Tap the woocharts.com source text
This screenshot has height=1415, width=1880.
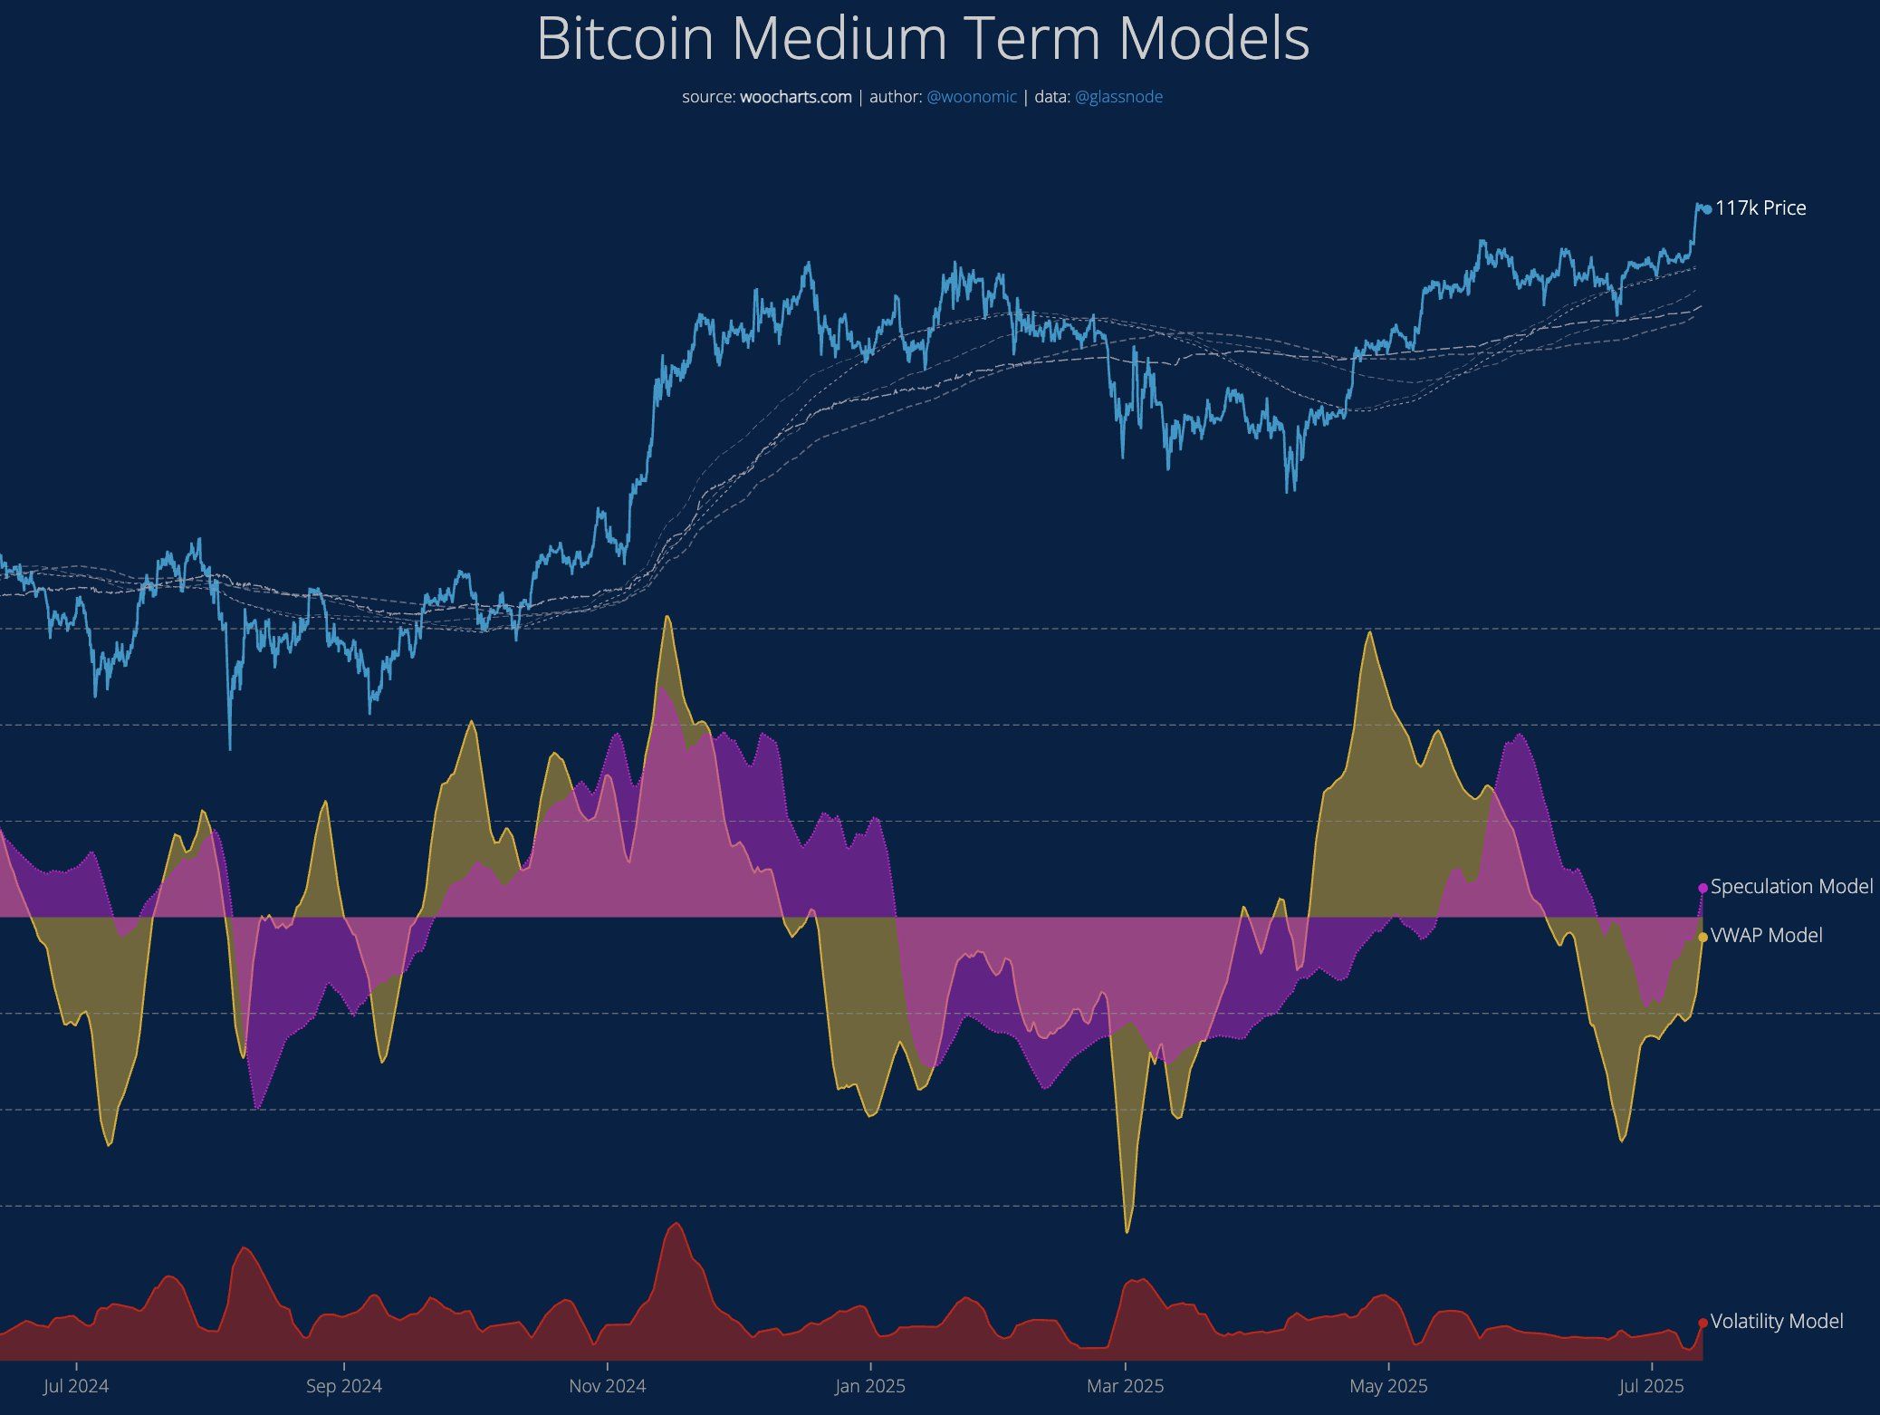(795, 97)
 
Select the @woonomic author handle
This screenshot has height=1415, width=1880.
(972, 97)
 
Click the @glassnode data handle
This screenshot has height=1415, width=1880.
(1118, 97)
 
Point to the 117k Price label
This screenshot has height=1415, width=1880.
(1760, 208)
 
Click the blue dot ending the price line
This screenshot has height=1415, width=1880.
(1707, 209)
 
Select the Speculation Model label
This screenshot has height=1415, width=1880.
(1791, 887)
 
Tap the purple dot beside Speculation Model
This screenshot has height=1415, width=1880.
(1703, 888)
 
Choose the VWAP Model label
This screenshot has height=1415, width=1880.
(1766, 936)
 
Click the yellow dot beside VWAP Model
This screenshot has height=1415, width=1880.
(1703, 937)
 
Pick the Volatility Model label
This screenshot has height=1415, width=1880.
(1777, 1322)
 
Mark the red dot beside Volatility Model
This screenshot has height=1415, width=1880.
(1703, 1324)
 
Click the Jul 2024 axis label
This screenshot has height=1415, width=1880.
(76, 1386)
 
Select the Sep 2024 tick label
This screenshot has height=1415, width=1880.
(344, 1386)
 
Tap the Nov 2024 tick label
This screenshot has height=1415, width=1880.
(607, 1386)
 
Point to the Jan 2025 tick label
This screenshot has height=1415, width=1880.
(870, 1386)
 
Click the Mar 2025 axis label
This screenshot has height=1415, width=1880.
(1126, 1386)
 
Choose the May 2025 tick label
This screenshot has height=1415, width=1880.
(1388, 1386)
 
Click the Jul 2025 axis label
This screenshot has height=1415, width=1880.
(1652, 1386)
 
